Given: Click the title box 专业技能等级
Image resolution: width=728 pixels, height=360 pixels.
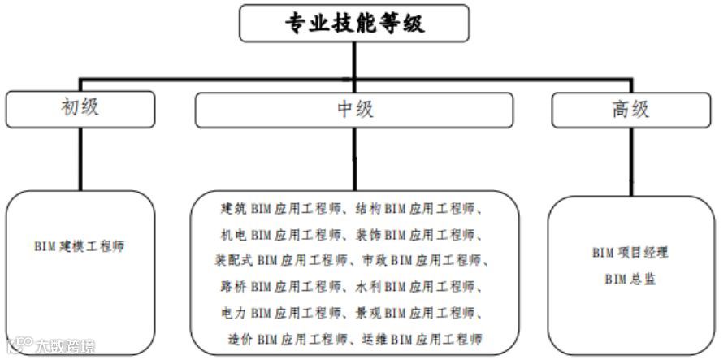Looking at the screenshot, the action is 353,23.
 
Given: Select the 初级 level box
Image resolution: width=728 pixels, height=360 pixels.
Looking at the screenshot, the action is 80,108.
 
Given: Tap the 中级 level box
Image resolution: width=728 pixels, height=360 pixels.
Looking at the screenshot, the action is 354,109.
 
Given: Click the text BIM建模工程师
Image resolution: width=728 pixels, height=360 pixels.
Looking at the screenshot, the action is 80,245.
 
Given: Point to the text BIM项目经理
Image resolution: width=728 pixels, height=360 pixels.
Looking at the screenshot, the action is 630,253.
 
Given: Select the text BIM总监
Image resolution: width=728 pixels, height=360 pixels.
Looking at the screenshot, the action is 630,279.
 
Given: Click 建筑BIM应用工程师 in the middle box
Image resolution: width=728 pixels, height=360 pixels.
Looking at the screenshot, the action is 281,209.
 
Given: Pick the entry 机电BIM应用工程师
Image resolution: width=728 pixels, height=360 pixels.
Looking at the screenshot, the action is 281,235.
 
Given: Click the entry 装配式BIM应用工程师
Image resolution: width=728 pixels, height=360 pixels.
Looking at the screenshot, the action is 281,261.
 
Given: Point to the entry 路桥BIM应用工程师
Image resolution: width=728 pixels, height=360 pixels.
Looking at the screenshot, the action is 281,287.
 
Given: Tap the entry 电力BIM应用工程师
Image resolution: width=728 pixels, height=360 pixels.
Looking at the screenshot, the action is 281,313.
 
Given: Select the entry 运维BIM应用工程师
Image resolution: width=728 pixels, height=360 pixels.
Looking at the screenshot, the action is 425,339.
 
